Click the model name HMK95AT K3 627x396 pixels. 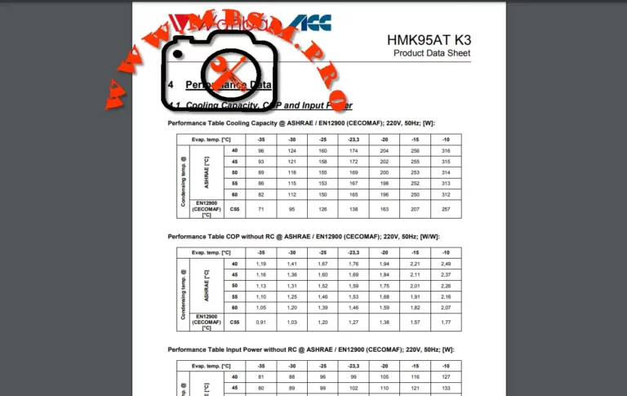click(429, 39)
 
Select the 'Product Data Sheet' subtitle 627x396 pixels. click(432, 54)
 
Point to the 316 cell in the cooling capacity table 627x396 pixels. click(445, 150)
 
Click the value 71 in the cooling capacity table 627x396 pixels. click(260, 210)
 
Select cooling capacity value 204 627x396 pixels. click(384, 150)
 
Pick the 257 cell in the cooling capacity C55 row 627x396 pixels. click(445, 210)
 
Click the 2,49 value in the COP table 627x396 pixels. click(445, 264)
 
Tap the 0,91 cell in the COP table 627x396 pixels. click(260, 323)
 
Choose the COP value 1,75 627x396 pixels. click(384, 286)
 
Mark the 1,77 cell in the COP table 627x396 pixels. click(445, 323)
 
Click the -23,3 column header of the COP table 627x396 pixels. click(353, 252)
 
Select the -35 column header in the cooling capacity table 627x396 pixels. click(260, 139)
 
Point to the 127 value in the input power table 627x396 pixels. click(445, 377)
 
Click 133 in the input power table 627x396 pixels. click(445, 388)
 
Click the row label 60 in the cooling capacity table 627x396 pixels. click(234, 194)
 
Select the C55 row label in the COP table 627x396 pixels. click(234, 323)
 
